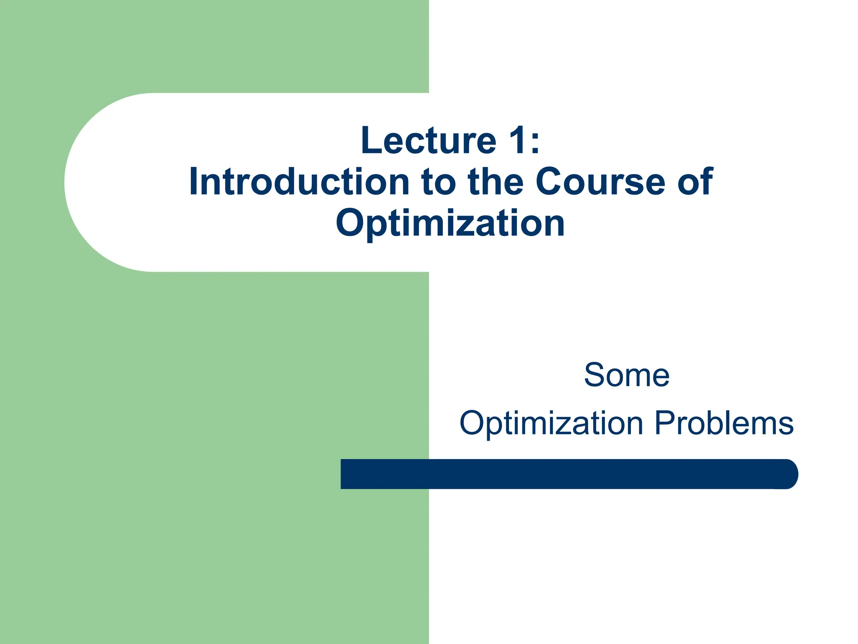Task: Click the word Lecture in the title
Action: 428,140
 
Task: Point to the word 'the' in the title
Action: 496,182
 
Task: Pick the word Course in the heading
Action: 600,182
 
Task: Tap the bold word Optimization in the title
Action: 450,223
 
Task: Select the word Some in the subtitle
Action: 626,375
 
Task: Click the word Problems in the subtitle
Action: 724,423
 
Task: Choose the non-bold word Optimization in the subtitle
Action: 551,423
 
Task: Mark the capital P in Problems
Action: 664,423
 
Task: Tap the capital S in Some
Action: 595,375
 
